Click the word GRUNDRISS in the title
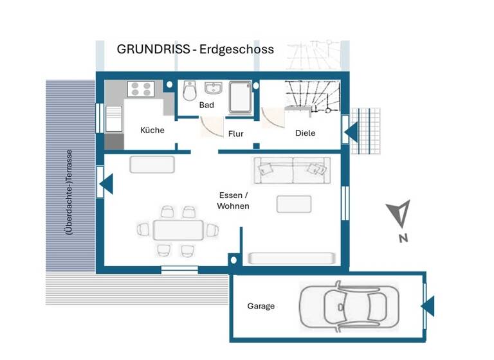[152, 50]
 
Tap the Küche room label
[152, 130]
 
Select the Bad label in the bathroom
[206, 105]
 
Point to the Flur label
[235, 134]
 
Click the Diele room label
[305, 133]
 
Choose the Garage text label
[261, 306]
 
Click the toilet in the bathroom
[189, 93]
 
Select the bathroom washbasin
[213, 88]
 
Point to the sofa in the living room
[292, 170]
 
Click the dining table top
[178, 230]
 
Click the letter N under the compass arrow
[403, 239]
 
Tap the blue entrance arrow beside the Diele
[351, 133]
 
